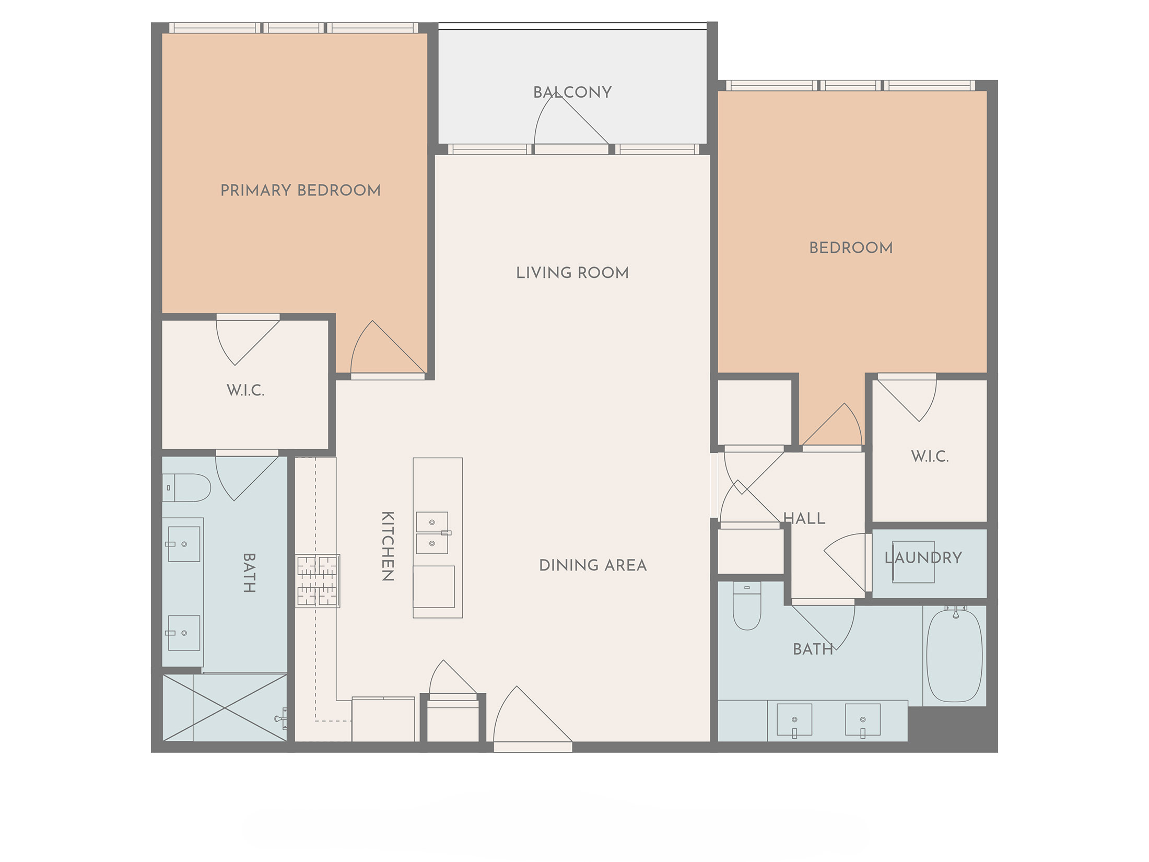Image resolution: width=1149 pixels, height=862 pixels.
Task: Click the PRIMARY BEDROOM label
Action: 300,190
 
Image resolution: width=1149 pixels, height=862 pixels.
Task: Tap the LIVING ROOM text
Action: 572,273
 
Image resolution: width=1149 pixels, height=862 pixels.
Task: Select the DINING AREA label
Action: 593,565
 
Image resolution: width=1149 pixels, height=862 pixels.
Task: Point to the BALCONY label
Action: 572,92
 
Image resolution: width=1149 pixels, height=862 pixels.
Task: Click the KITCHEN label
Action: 388,546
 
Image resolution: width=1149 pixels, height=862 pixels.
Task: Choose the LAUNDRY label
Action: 923,558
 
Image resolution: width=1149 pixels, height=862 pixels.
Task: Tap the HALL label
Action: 804,519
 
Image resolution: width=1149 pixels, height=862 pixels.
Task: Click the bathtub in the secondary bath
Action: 954,656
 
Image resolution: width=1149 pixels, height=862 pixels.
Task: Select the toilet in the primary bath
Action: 186,488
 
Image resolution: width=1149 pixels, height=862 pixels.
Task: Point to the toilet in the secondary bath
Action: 747,606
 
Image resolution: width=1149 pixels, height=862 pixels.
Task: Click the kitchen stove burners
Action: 318,581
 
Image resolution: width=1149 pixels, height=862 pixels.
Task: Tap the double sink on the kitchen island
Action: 432,533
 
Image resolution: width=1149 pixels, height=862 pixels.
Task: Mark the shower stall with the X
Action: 225,708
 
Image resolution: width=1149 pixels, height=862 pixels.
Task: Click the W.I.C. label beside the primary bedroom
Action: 245,390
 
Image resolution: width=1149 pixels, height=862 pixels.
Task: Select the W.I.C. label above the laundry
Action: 930,457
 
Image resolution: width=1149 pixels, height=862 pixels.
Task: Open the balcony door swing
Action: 571,120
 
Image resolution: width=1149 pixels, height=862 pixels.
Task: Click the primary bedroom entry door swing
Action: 388,347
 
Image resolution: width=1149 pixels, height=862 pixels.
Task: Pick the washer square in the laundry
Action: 913,562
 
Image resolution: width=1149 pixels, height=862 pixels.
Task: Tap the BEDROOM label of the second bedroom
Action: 851,248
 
